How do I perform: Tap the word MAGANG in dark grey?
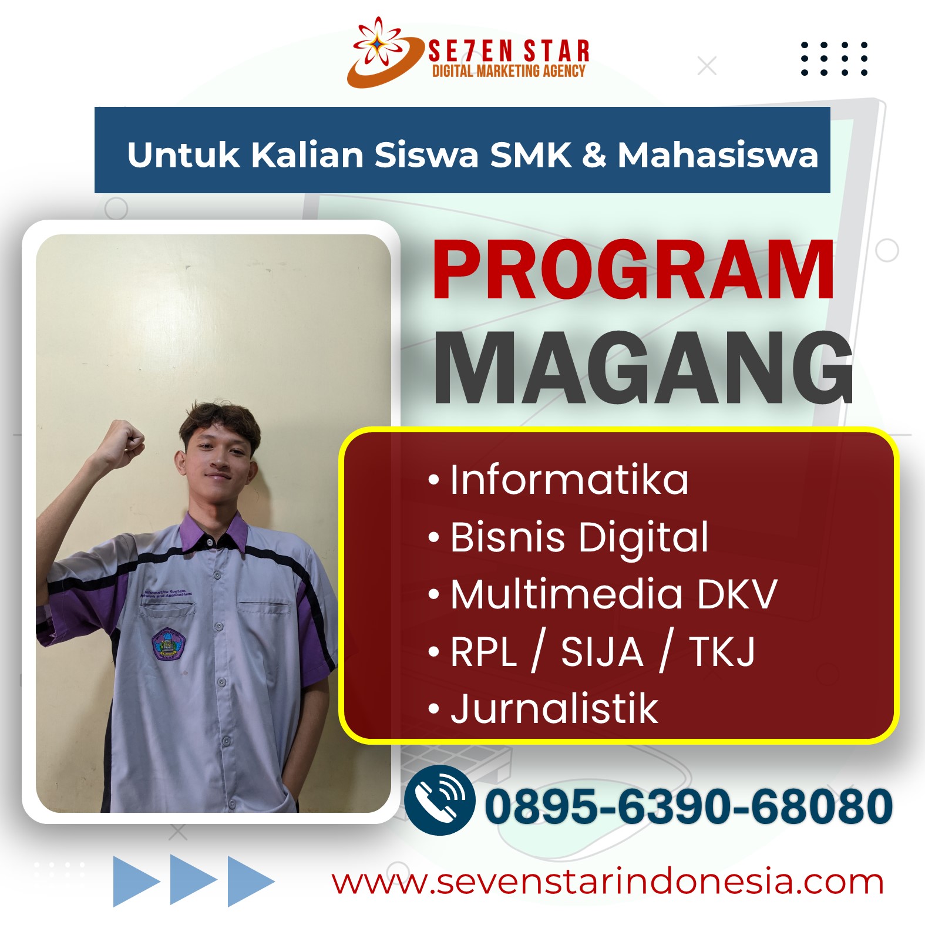pos(643,368)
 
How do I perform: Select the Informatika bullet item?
pos(559,480)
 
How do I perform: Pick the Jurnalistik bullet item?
pos(544,708)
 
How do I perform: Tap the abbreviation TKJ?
pos(722,652)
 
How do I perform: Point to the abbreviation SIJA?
pos(602,652)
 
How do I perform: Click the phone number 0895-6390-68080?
pos(688,806)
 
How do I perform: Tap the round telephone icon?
pos(440,800)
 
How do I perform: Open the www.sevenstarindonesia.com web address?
pos(608,882)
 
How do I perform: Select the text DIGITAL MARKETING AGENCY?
pos(509,71)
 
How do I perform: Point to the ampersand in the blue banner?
pos(594,156)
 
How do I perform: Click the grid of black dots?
pos(834,59)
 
